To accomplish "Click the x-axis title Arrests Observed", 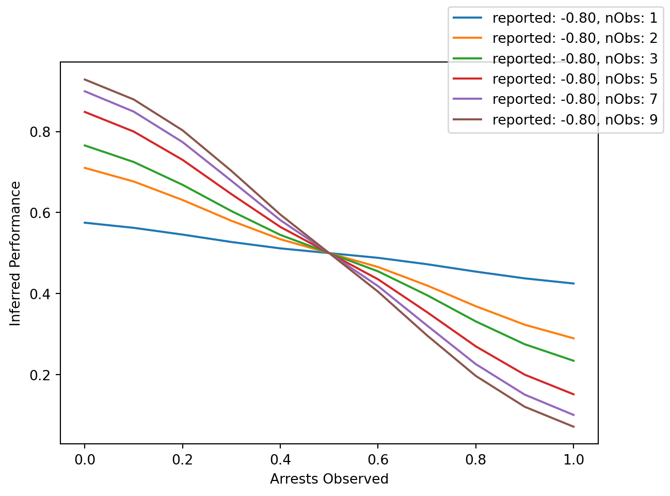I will (x=329, y=479).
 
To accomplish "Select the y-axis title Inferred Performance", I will (x=16, y=253).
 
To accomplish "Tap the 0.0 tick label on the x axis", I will (x=84, y=459).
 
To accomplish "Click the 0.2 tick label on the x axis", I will (x=182, y=459).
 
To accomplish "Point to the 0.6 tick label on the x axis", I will (x=378, y=459).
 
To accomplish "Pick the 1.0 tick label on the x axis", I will (x=573, y=459).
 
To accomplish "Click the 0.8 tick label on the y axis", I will (x=41, y=132).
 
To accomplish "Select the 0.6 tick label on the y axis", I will (x=41, y=213).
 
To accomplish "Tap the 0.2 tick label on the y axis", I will (x=41, y=375).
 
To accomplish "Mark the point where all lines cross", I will (x=329, y=253).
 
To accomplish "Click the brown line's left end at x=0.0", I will (x=84, y=79).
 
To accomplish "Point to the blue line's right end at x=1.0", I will (x=573, y=283).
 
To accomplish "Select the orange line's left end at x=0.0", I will (x=84, y=167).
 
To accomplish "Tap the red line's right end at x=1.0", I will (x=573, y=394).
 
